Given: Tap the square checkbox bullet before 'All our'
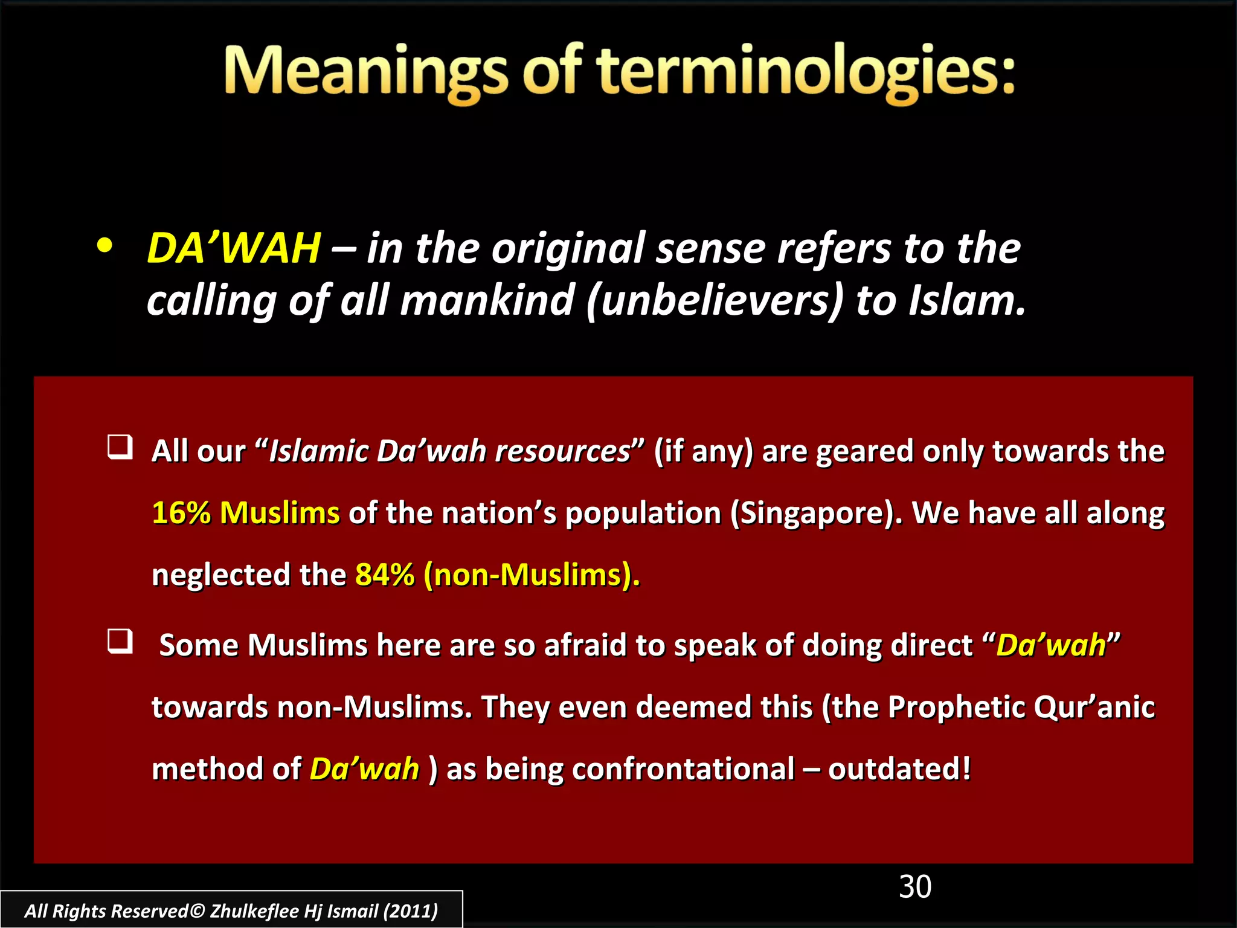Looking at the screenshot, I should click(120, 447).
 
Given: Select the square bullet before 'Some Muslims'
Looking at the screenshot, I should click(120, 641).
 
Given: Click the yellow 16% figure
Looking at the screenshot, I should click(181, 513).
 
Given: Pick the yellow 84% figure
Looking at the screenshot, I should click(385, 575).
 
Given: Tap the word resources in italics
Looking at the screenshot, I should click(562, 451).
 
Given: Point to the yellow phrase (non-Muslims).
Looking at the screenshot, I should click(532, 575).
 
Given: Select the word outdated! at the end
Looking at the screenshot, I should click(899, 769).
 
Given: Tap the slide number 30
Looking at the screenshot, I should click(915, 887).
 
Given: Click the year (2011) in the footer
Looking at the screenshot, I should click(411, 910).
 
